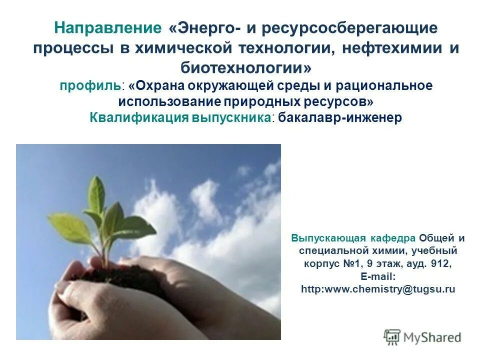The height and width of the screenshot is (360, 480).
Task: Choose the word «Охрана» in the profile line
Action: (x=160, y=85)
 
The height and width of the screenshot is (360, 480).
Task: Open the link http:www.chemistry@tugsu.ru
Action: (x=378, y=289)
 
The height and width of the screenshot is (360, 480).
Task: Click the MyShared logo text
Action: (x=432, y=337)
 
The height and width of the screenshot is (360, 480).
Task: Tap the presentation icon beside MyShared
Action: (x=392, y=337)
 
